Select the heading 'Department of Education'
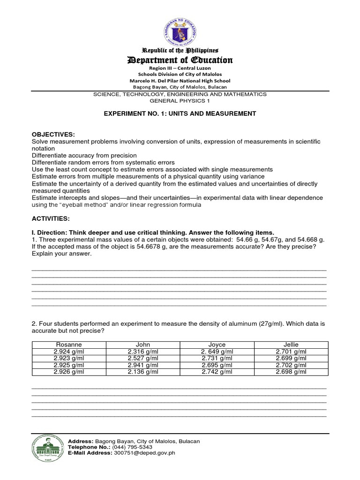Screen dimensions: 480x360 [180, 60]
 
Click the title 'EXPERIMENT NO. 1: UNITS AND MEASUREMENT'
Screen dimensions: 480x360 [180, 113]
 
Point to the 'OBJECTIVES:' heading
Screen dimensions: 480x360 [53, 135]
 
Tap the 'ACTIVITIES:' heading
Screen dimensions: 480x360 [51, 218]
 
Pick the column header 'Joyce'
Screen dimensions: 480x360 [217, 345]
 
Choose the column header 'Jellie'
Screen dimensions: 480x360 [291, 345]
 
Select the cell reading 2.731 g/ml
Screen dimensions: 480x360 [217, 358]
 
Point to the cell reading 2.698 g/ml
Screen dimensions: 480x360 [291, 372]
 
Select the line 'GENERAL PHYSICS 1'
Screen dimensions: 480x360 [180, 100]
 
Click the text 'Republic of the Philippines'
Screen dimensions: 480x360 [180, 50]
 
